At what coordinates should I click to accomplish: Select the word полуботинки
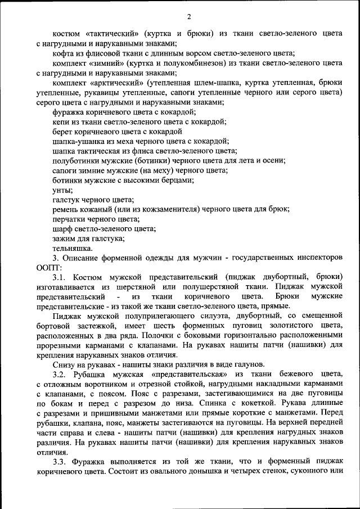point(76,160)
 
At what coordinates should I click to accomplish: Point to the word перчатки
point(70,219)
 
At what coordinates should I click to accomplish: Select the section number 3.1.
point(60,277)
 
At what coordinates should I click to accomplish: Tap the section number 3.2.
point(60,374)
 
